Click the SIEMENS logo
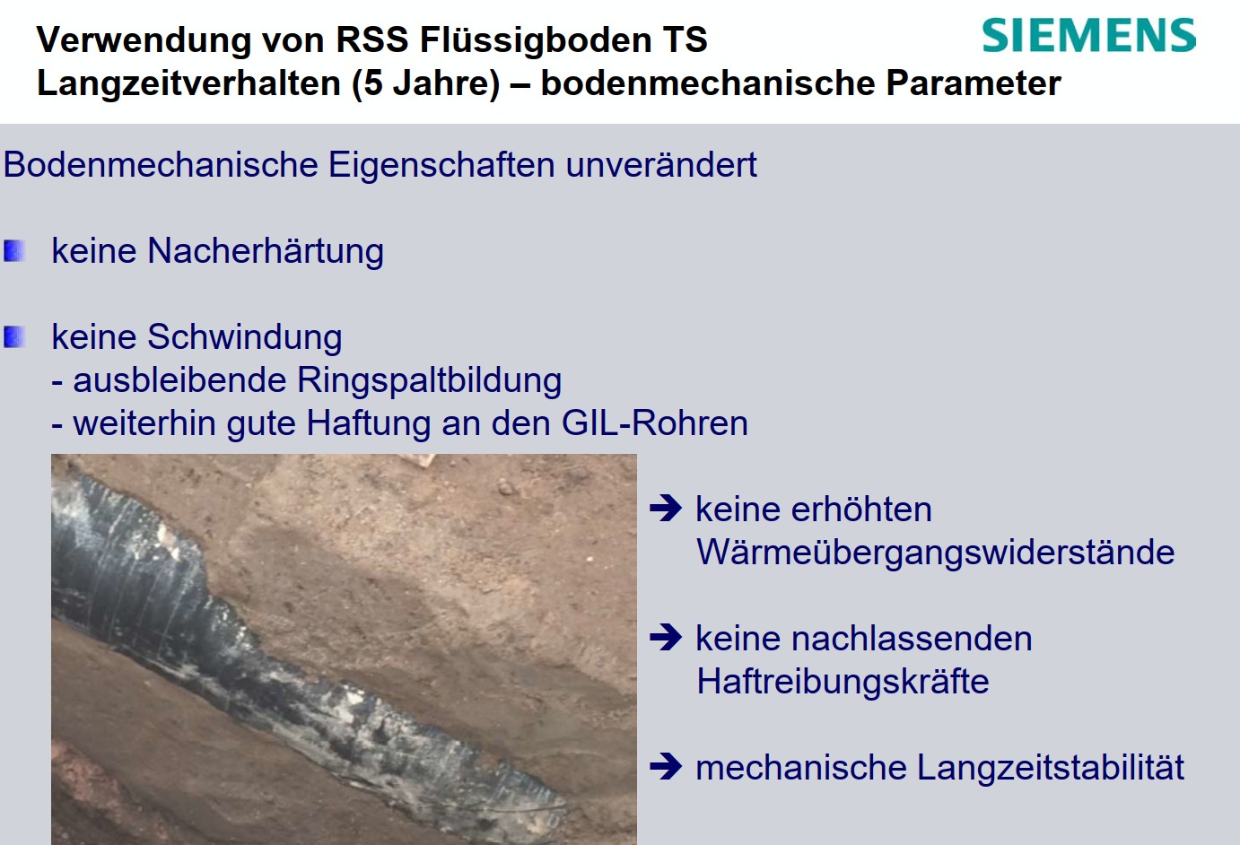pos(1088,35)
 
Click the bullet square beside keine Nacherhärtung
pos(14,251)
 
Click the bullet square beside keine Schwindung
pos(14,337)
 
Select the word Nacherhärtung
pos(266,251)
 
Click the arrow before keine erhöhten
pos(666,509)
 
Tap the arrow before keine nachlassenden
pos(666,638)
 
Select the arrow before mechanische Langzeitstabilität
pos(666,767)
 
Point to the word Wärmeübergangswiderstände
pos(935,553)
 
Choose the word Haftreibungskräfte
pos(843,682)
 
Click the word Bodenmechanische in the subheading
pos(162,165)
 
